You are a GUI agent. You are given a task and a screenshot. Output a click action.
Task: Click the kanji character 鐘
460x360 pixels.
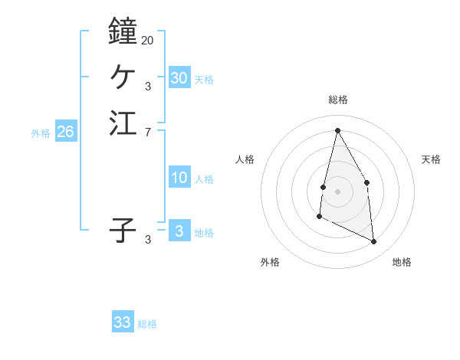point(123,31)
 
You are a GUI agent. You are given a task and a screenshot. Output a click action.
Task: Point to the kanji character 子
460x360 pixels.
point(123,230)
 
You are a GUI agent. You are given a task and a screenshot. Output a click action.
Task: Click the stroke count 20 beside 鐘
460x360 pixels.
point(147,40)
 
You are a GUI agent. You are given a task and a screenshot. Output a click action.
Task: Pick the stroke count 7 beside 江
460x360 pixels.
point(148,133)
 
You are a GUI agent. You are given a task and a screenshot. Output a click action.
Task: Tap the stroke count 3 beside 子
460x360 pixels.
point(148,240)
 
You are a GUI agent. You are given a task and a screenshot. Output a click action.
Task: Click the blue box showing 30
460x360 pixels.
point(179,77)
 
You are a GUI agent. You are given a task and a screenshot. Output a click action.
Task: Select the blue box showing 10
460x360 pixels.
point(179,178)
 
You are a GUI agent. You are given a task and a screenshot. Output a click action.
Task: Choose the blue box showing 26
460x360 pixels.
point(65,132)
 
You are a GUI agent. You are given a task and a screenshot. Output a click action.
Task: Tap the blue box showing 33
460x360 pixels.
point(123,322)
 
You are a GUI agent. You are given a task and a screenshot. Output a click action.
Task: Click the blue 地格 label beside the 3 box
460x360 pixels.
point(204,233)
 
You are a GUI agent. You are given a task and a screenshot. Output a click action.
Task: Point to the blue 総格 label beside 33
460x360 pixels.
point(147,324)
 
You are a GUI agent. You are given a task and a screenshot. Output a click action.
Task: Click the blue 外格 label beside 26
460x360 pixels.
point(41,133)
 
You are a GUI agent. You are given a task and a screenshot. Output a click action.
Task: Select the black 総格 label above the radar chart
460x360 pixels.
point(337,100)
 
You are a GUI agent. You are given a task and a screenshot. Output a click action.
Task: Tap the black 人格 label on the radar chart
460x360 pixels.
point(245,159)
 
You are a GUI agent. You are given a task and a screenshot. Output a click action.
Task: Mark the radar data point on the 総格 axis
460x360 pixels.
point(337,129)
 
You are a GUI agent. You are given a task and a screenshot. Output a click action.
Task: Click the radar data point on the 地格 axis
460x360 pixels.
point(373,241)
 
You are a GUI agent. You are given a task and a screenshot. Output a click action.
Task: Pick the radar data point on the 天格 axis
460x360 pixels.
point(367,182)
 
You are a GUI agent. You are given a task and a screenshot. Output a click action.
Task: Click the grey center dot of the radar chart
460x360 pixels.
point(337,191)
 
